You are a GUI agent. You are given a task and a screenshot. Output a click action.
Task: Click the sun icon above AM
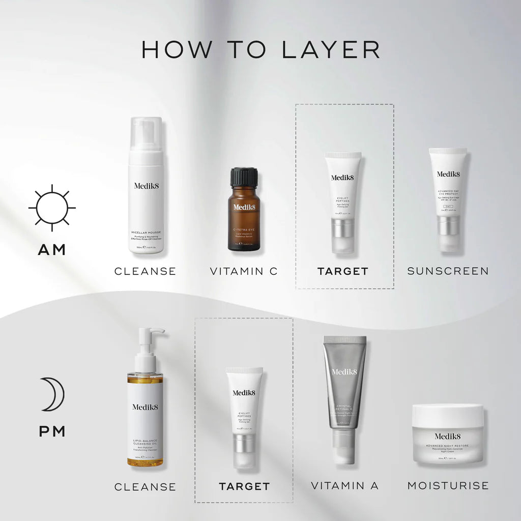(52, 208)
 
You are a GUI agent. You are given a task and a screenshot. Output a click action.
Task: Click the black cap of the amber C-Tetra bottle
(244, 177)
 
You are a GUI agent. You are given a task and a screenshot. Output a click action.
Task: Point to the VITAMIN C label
(244, 271)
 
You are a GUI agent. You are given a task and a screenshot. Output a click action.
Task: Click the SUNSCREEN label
(448, 271)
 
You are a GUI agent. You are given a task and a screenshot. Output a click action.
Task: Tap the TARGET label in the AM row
(342, 271)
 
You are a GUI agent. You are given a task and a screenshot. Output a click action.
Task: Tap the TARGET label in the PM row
(244, 486)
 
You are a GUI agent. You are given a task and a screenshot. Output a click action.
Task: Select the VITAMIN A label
(344, 486)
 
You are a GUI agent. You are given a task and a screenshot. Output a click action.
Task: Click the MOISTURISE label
(448, 486)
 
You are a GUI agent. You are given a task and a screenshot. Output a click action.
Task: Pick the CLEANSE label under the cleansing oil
(145, 487)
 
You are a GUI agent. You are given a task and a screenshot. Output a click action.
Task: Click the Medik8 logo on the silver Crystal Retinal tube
(344, 371)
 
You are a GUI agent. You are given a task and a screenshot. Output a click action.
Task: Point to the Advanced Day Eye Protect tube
(448, 198)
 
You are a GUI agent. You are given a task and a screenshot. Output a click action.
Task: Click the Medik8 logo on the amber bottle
(244, 207)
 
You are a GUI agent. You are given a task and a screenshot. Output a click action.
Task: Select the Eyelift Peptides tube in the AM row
(342, 201)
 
